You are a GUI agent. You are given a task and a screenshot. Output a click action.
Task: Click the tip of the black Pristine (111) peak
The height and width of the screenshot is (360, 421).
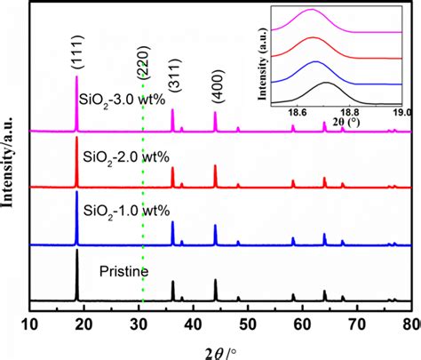[77, 250]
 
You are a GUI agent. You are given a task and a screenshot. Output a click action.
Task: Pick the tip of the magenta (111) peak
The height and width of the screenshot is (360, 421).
[77, 75]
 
